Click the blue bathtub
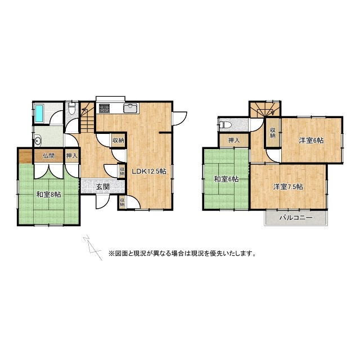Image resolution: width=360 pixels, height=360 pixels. (x=39, y=114)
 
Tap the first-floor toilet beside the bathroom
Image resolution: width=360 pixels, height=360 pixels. (x=70, y=109)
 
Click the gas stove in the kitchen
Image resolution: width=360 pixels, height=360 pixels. (x=104, y=107)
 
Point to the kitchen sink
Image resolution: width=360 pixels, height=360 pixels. (x=130, y=108)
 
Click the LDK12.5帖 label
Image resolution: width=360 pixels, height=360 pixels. (x=149, y=171)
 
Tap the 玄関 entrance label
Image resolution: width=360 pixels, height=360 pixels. (x=102, y=186)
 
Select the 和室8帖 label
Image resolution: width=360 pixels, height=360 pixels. (x=49, y=194)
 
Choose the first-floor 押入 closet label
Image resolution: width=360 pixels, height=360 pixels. (x=72, y=156)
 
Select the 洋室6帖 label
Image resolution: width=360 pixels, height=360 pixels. (x=310, y=140)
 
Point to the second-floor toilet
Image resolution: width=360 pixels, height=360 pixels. (x=224, y=124)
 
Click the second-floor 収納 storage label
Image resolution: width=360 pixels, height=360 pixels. (x=272, y=133)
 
